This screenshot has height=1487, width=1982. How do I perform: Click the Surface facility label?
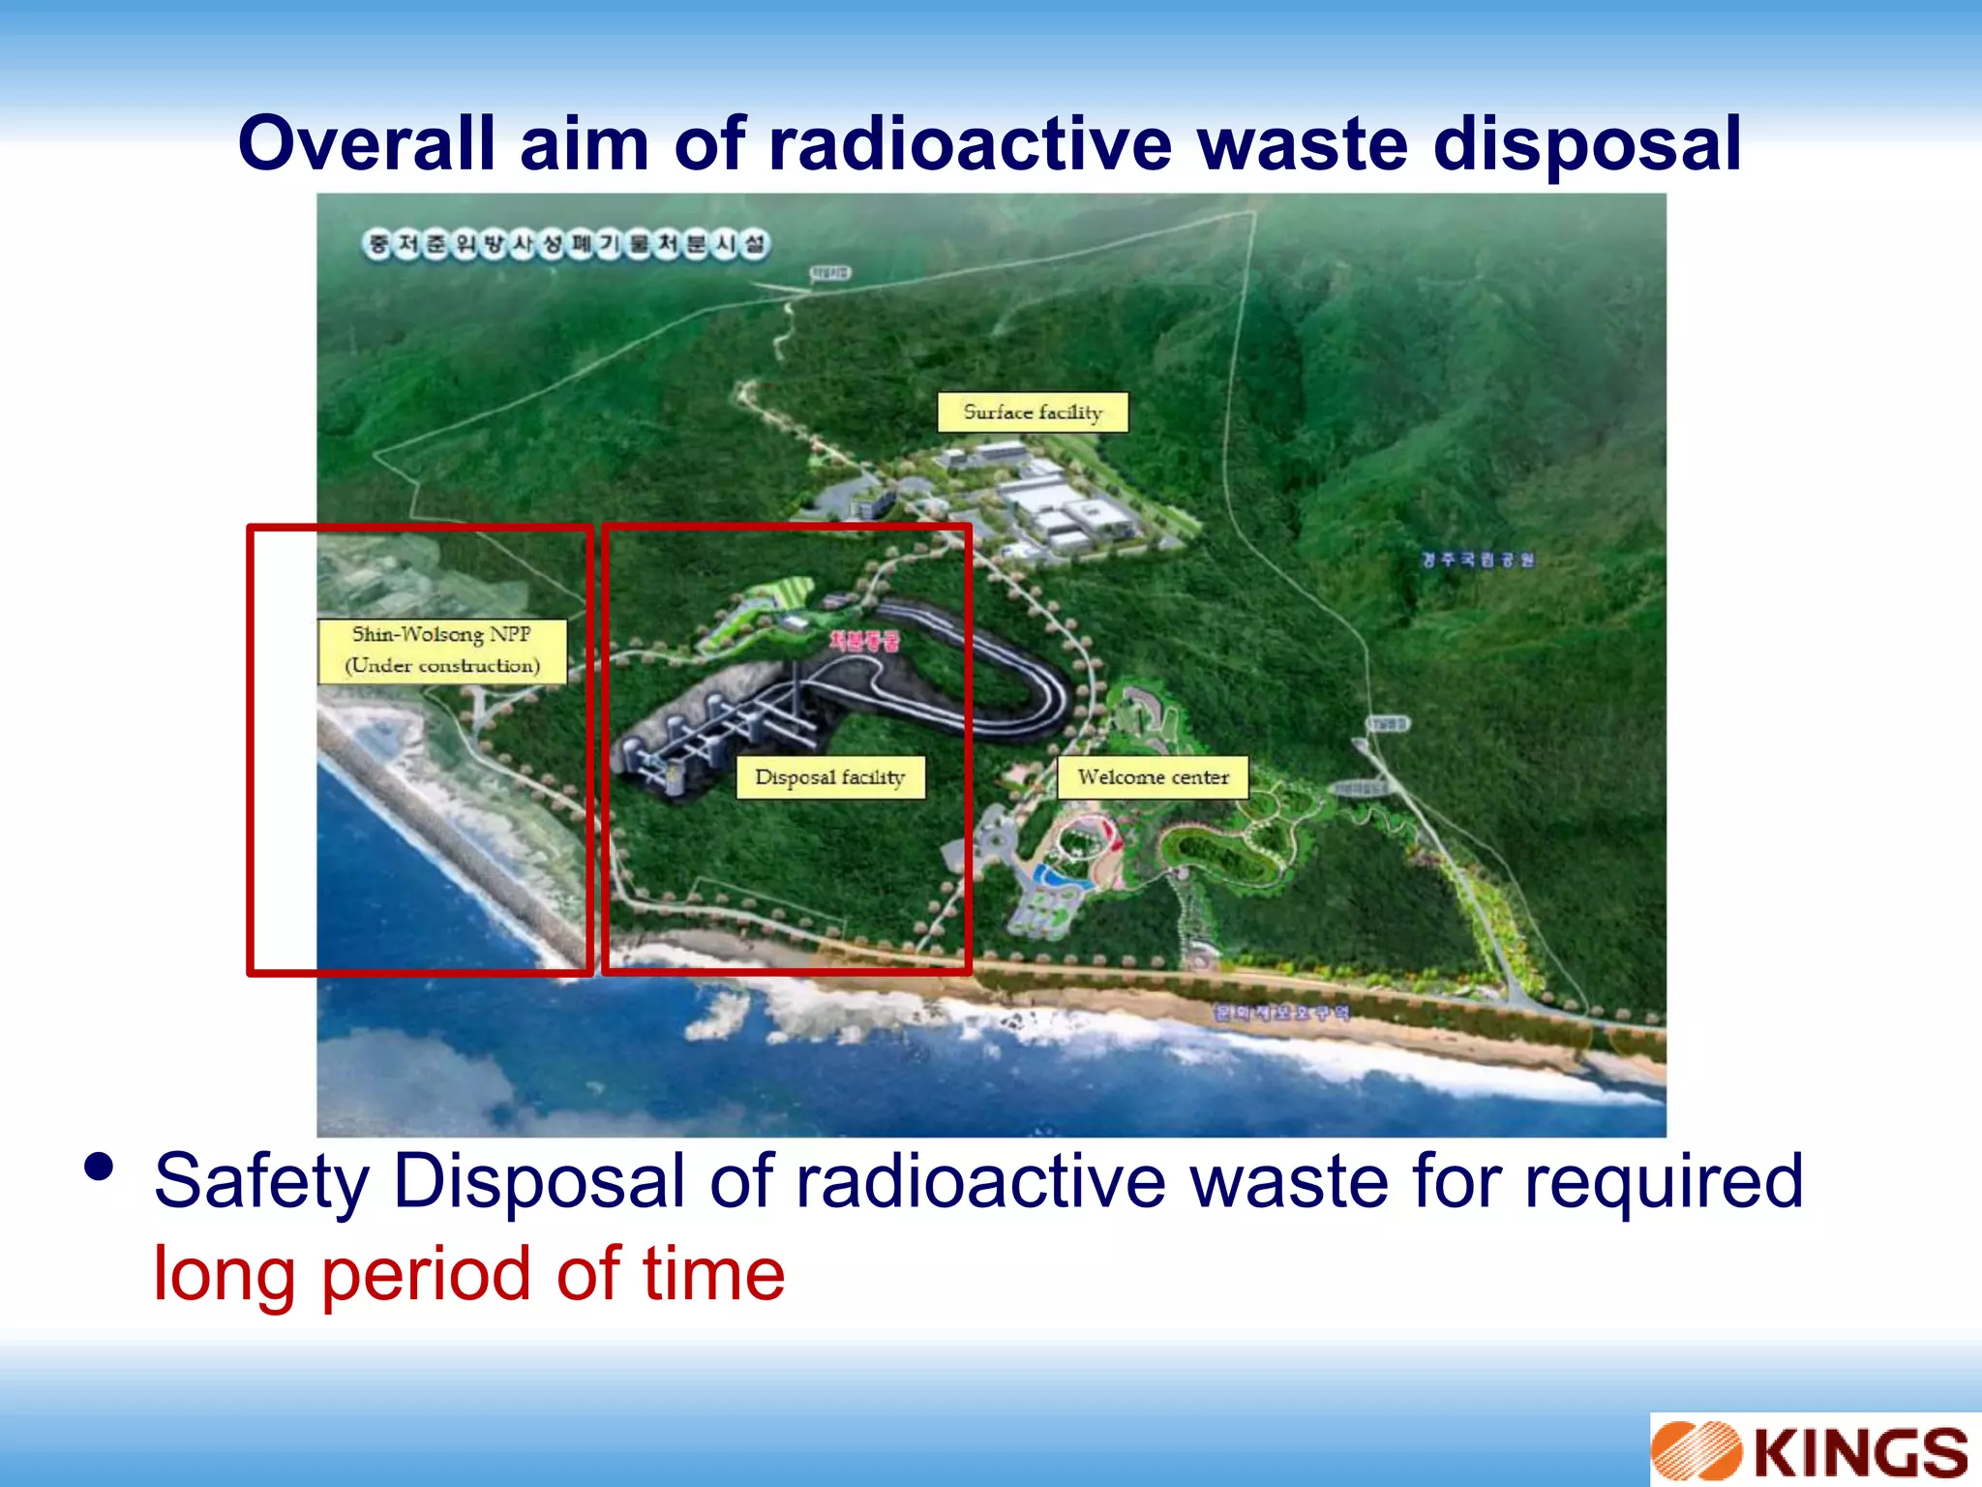coord(1033,412)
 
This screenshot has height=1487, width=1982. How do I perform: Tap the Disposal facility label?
coord(830,777)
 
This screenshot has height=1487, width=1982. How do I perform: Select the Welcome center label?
coord(1153,777)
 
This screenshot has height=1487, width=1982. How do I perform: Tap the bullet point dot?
coord(99,1166)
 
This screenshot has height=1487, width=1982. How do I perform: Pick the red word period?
coord(427,1274)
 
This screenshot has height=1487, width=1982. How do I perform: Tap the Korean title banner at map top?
coord(566,244)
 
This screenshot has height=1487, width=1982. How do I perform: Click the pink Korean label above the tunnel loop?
coord(864,641)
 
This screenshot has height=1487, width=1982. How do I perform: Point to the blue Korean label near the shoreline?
coord(1281,1013)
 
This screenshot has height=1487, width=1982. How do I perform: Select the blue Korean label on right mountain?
coord(1478,560)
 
